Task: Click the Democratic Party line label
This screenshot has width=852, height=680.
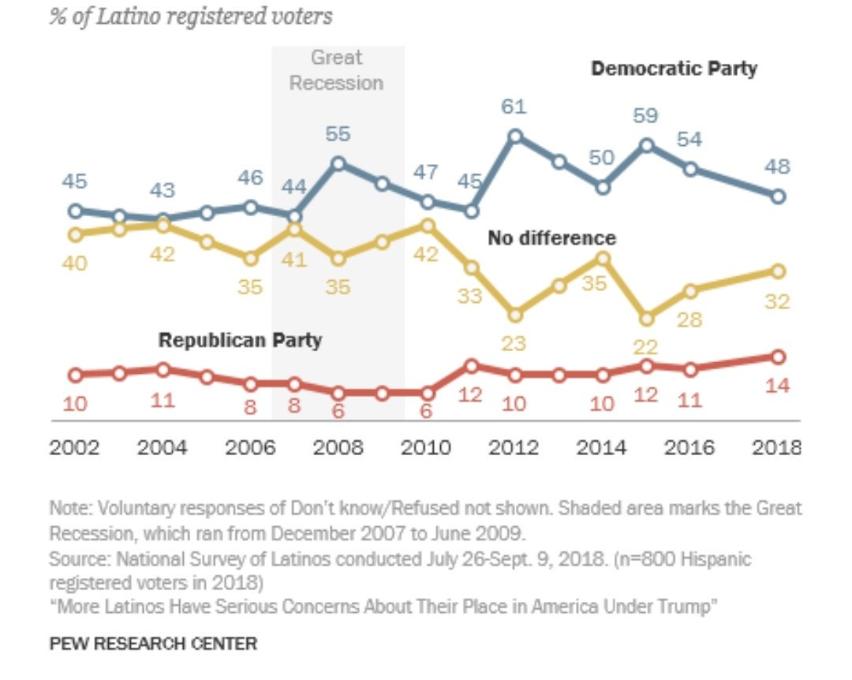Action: [x=674, y=69]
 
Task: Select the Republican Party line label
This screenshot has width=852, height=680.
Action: [x=240, y=341]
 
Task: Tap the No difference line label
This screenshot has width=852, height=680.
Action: [x=551, y=237]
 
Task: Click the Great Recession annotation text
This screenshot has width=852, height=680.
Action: [x=337, y=69]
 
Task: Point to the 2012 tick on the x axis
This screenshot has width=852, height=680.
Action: [x=514, y=448]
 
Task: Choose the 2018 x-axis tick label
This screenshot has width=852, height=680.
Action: [x=777, y=448]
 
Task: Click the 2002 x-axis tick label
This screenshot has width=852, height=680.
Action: [x=75, y=448]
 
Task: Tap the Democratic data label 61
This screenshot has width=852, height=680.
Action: [x=514, y=106]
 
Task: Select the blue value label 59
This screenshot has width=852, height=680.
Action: [x=646, y=116]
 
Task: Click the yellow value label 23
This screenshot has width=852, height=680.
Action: [x=514, y=345]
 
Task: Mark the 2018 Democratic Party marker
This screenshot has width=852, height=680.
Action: [x=778, y=196]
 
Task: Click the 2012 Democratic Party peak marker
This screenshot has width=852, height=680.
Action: [x=515, y=136]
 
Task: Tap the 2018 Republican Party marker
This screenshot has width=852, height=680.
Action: [x=778, y=357]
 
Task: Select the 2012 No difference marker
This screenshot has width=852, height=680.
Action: [x=515, y=315]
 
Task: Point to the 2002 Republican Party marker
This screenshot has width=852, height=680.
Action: [x=76, y=375]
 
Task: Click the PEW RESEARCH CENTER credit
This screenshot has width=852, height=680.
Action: [x=153, y=644]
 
